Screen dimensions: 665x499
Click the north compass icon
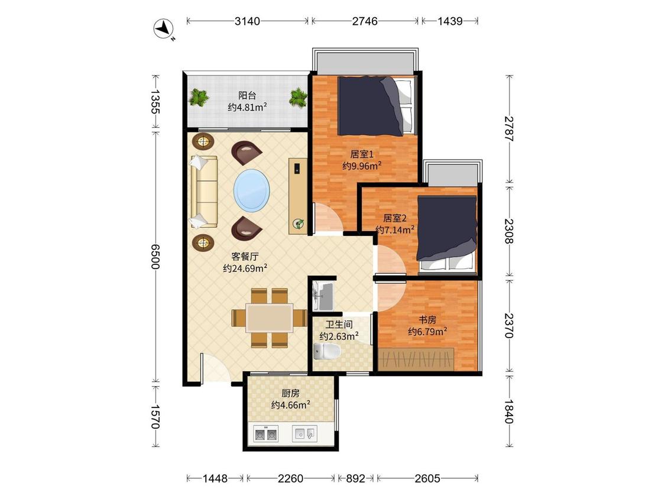click(164, 29)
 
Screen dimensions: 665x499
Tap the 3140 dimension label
click(247, 21)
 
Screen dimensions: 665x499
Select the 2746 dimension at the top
click(365, 21)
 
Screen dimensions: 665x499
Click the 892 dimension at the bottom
click(355, 479)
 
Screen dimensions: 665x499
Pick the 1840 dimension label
click(510, 411)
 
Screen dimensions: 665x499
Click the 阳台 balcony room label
click(247, 96)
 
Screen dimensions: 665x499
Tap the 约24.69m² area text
click(245, 268)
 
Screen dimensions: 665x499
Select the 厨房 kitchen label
click(290, 393)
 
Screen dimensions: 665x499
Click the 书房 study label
click(427, 320)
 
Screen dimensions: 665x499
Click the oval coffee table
click(251, 190)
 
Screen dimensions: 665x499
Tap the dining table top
click(270, 318)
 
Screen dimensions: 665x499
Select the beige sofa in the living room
click(204, 192)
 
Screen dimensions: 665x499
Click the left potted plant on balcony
click(199, 97)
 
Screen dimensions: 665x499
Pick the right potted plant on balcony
click(298, 97)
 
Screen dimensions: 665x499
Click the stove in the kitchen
click(266, 434)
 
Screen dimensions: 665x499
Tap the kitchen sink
click(304, 433)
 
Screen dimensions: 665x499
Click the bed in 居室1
click(375, 106)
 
